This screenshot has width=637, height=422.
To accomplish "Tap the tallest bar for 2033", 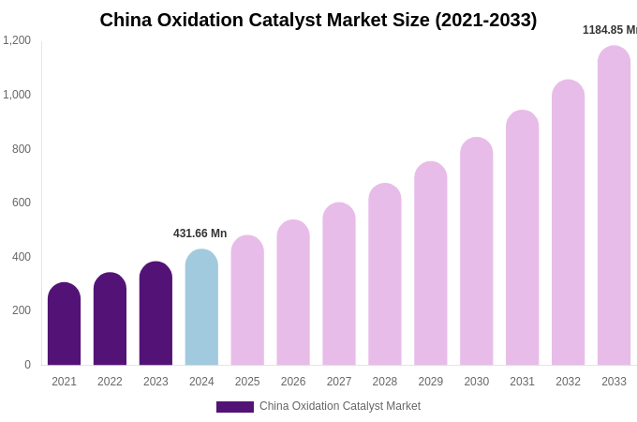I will coord(614,205).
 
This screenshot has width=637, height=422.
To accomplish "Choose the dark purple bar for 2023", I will coord(156,313).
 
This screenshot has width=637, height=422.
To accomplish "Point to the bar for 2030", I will coord(476,251).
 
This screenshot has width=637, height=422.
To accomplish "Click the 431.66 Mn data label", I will coord(200,234).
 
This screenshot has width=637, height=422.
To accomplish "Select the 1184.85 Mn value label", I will coord(609,30).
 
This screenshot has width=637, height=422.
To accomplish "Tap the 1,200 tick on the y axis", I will coord(17,40).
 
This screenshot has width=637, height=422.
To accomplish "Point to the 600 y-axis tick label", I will coord(21,203).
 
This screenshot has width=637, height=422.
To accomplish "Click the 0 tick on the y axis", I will coord(27,365).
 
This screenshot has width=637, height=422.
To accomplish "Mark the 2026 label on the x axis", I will coord(293,382).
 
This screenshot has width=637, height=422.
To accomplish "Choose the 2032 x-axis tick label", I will coord(568,382).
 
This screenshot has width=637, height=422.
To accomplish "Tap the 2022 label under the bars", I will coord(110,382).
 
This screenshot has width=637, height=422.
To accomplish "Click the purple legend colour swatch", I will coord(234,407).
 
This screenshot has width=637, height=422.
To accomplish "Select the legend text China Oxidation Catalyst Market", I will coord(340,406).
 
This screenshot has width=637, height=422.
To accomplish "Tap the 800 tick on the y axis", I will coord(21,149).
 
